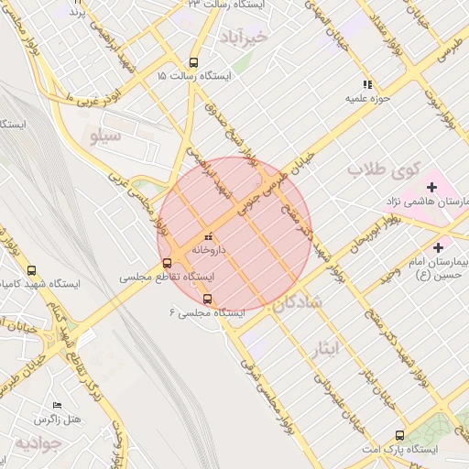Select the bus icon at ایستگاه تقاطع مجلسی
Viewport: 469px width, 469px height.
pyautogui.click(x=166, y=262)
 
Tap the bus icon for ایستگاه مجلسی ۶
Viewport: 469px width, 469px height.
pyautogui.click(x=207, y=299)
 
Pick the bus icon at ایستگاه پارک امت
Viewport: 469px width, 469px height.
pyautogui.click(x=399, y=436)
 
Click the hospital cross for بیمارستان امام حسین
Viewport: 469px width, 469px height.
pyautogui.click(x=438, y=247)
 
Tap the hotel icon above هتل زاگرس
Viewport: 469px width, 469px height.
pyautogui.click(x=58, y=405)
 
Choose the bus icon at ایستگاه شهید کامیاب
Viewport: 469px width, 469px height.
pyautogui.click(x=33, y=271)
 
